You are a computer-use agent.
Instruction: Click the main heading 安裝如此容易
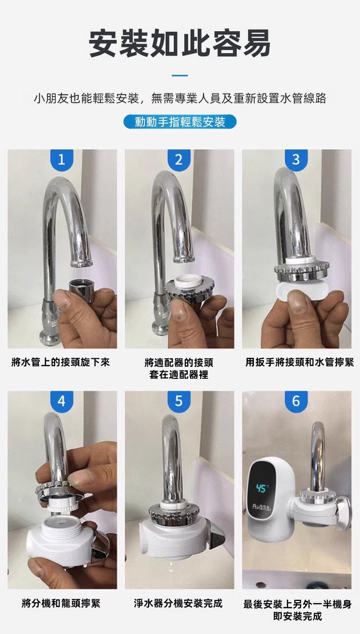pyautogui.click(x=180, y=44)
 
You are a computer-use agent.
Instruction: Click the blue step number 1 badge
pyautogui.click(x=61, y=159)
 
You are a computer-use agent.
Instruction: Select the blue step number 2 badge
pyautogui.click(x=179, y=159)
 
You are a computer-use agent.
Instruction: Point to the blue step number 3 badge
pyautogui.click(x=296, y=159)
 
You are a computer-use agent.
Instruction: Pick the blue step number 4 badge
pyautogui.click(x=61, y=401)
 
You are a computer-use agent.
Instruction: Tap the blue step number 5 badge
pyautogui.click(x=179, y=401)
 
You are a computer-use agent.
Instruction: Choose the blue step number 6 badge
pyautogui.click(x=296, y=401)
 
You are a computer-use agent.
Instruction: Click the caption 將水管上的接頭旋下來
pyautogui.click(x=60, y=362)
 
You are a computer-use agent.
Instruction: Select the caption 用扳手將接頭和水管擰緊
pyautogui.click(x=300, y=362)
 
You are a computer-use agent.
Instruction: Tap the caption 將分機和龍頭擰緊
pyautogui.click(x=61, y=603)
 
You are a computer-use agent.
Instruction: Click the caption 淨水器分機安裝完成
pyautogui.click(x=178, y=603)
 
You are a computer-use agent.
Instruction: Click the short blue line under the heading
pyautogui.click(x=180, y=75)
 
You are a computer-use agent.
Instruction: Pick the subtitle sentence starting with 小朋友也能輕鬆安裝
pyautogui.click(x=180, y=98)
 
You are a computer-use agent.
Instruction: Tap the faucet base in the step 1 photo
pyautogui.click(x=50, y=337)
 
